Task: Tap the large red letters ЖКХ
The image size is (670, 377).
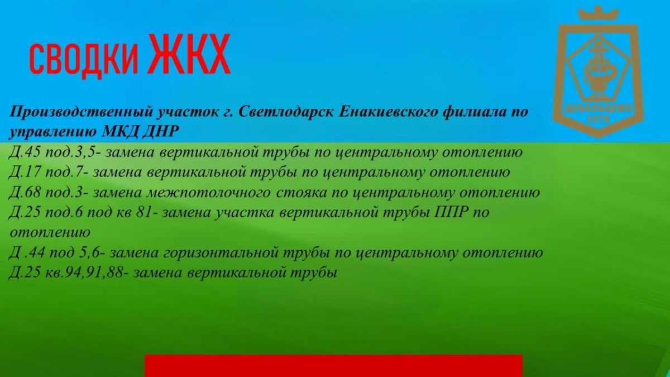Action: point(190,54)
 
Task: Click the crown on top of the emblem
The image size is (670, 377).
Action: point(598,13)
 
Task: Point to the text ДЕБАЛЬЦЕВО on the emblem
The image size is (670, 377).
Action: point(598,108)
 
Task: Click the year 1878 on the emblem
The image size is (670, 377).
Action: point(599,119)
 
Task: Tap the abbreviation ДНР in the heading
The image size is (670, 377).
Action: point(161,132)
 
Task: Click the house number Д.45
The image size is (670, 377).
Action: point(25,152)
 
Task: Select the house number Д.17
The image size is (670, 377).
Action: point(25,172)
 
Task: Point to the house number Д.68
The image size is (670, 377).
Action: point(25,192)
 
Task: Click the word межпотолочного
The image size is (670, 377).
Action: point(208,193)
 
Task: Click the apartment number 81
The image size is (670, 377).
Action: point(144,212)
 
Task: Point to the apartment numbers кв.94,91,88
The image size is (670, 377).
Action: point(84,273)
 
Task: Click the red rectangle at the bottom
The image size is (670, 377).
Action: point(333,366)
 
